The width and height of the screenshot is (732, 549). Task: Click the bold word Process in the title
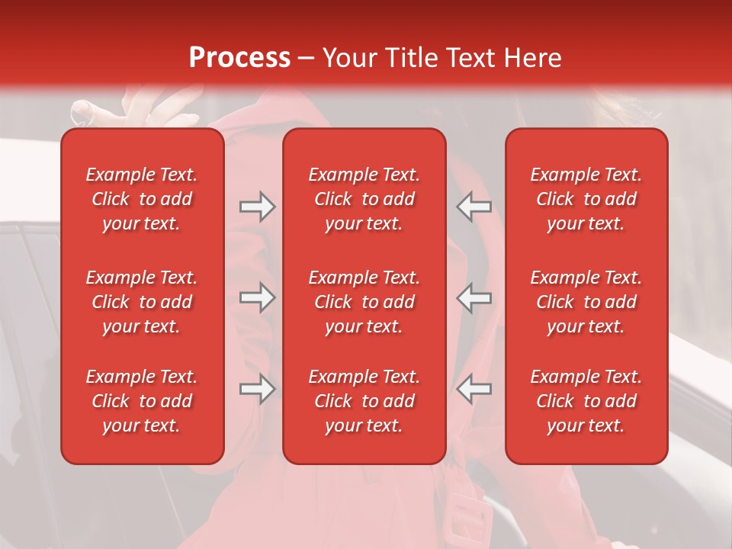click(239, 58)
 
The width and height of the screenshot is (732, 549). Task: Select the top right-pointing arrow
click(257, 207)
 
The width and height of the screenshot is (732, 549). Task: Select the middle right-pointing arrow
click(257, 297)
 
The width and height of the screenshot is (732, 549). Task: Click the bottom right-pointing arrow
click(257, 389)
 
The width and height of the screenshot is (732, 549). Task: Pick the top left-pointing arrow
click(474, 207)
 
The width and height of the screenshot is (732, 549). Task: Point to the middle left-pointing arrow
click(474, 297)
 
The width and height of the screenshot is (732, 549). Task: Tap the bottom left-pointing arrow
click(474, 389)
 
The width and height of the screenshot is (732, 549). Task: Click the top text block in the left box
click(142, 199)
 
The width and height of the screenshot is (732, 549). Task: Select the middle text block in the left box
click(142, 302)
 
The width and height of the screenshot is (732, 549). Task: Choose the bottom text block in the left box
click(142, 401)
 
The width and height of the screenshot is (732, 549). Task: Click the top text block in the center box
click(364, 199)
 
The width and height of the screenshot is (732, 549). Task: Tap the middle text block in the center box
click(364, 302)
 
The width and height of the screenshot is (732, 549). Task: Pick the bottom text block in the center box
click(364, 401)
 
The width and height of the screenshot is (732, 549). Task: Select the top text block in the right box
click(586, 199)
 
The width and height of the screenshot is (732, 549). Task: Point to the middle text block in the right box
click(586, 302)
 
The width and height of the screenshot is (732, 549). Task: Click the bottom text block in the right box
click(586, 401)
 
